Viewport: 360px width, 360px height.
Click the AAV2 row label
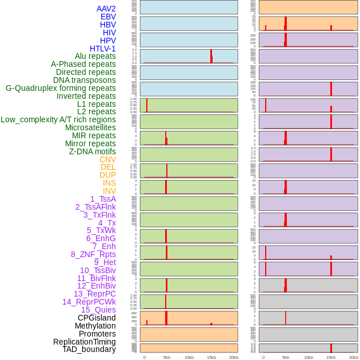pyautogui.click(x=106, y=9)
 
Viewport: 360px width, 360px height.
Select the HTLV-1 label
pyautogui.click(x=102, y=49)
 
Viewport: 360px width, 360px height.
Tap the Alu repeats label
pyautogui.click(x=95, y=56)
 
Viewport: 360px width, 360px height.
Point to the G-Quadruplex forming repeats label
pyautogui.click(x=61, y=88)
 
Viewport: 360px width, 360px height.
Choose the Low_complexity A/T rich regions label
pyautogui.click(x=58, y=119)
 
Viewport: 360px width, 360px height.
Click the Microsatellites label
pyautogui.click(x=90, y=127)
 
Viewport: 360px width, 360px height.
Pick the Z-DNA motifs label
pyautogui.click(x=93, y=151)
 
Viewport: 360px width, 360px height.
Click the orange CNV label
pyautogui.click(x=107, y=159)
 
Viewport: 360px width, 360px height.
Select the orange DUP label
pyautogui.click(x=107, y=175)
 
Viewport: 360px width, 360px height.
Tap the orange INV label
pyautogui.click(x=109, y=191)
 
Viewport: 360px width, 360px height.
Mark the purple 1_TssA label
pyautogui.click(x=103, y=199)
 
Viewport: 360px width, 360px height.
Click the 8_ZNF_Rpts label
pyautogui.click(x=93, y=254)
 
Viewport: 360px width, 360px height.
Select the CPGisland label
pyautogui.click(x=97, y=318)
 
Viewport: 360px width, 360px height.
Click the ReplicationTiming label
pyautogui.click(x=84, y=342)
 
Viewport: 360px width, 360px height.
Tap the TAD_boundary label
pyautogui.click(x=89, y=349)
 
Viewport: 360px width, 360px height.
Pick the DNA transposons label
pyautogui.click(x=85, y=80)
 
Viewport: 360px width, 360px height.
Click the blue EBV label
pyautogui.click(x=108, y=17)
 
